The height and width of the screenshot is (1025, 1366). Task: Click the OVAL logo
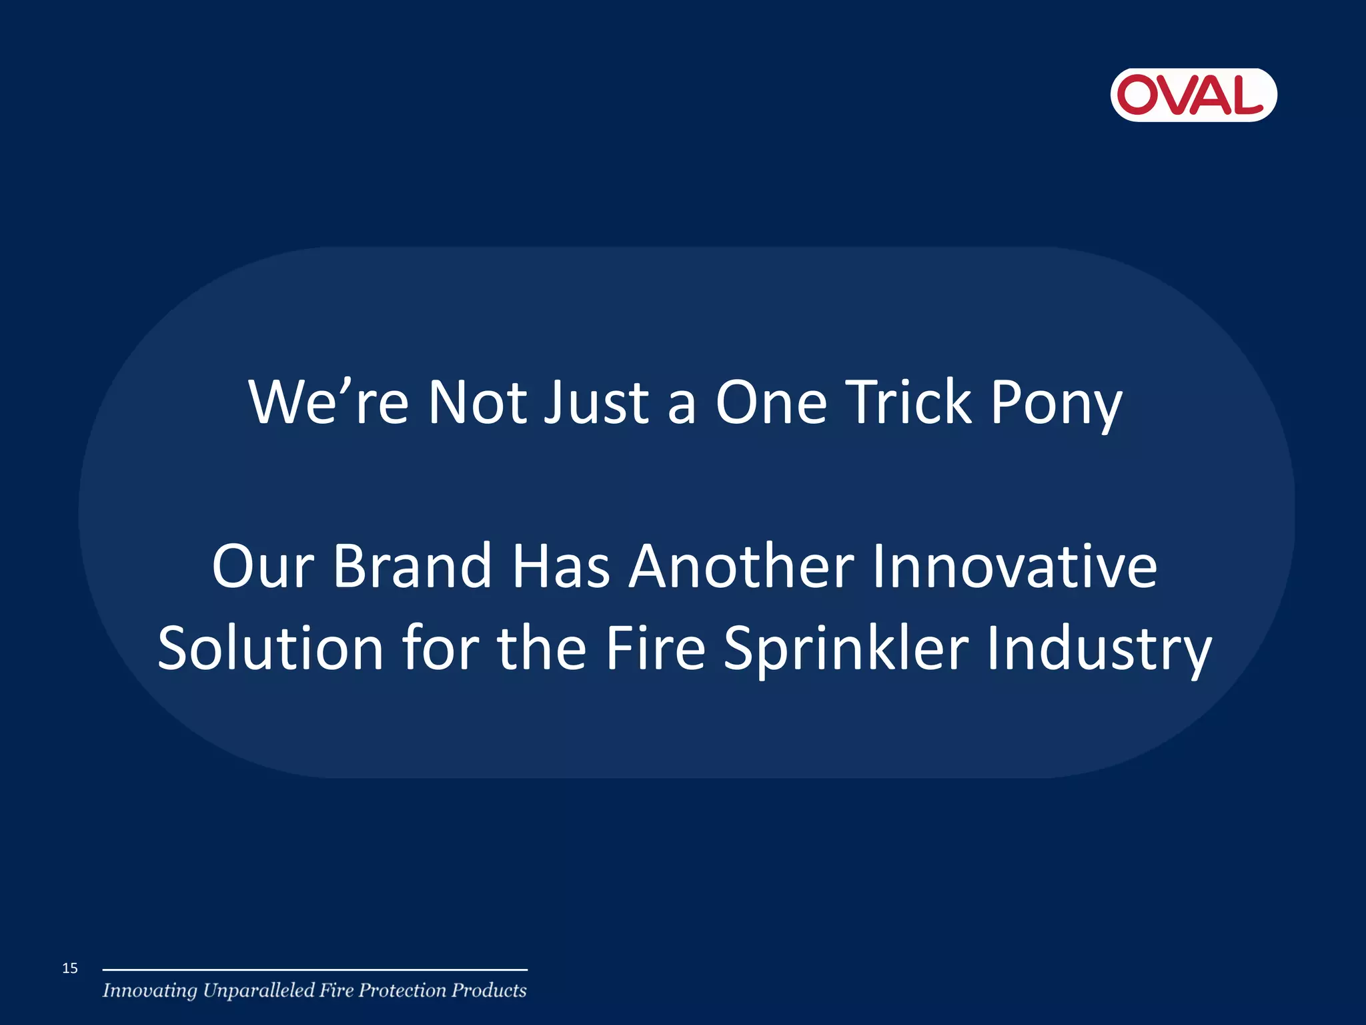tap(1193, 95)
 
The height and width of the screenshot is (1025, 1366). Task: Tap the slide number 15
tap(70, 968)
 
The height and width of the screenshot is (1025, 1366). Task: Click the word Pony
tap(1057, 402)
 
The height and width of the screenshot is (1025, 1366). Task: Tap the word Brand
tap(412, 566)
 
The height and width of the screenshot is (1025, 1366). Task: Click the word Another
tap(742, 566)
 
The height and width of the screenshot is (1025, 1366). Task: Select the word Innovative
tap(1014, 566)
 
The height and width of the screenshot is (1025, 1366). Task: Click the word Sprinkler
tap(846, 649)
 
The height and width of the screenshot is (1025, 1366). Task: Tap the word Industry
tap(1099, 649)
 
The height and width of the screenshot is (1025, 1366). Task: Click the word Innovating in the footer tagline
tap(150, 991)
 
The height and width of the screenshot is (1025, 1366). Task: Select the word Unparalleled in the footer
tap(258, 991)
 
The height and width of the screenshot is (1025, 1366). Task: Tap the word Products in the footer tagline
tap(489, 990)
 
